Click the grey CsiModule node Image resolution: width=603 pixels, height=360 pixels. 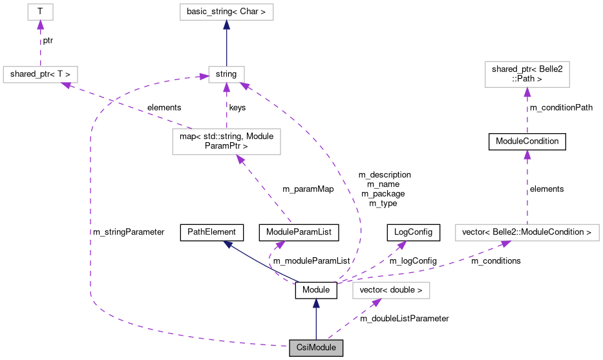click(315, 348)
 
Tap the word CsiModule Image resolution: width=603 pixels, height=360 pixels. click(315, 348)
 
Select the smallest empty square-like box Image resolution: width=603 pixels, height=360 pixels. click(40, 12)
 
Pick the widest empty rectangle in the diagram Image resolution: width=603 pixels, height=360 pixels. click(527, 233)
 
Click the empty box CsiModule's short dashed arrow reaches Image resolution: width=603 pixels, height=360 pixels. click(390, 291)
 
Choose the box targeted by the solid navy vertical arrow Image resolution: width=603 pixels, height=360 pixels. click(226, 12)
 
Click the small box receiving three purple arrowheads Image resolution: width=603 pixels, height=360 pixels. click(226, 74)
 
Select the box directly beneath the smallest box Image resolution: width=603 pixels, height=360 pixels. click(40, 74)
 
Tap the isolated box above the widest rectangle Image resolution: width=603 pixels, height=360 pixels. click(527, 74)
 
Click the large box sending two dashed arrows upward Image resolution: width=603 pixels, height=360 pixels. click(226, 142)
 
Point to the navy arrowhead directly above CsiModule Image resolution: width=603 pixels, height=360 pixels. click(316, 302)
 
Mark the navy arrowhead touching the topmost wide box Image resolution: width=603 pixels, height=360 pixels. click(226, 25)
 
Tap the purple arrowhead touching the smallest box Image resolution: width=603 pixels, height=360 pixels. click(40, 25)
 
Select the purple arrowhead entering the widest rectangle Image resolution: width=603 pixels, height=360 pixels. click(505, 244)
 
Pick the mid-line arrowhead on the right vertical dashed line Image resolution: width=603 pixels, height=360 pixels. click(527, 154)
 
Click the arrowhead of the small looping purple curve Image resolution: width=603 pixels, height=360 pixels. click(280, 244)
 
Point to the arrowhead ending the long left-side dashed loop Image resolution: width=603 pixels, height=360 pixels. click(204, 77)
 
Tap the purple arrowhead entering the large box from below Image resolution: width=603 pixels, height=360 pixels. click(240, 160)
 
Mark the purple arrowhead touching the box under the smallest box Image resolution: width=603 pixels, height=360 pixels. click(66, 85)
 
